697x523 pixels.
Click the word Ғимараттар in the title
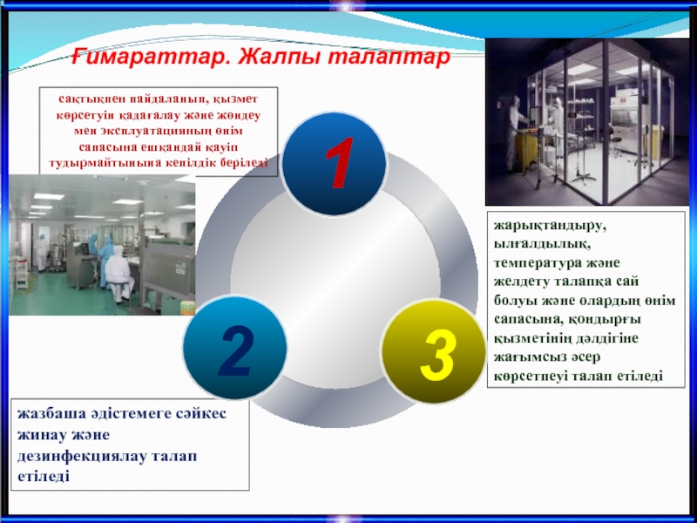click(150, 58)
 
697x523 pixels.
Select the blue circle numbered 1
click(335, 164)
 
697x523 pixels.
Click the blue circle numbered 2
click(234, 348)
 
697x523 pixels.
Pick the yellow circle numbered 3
click(434, 351)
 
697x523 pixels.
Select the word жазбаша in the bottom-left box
click(51, 413)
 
